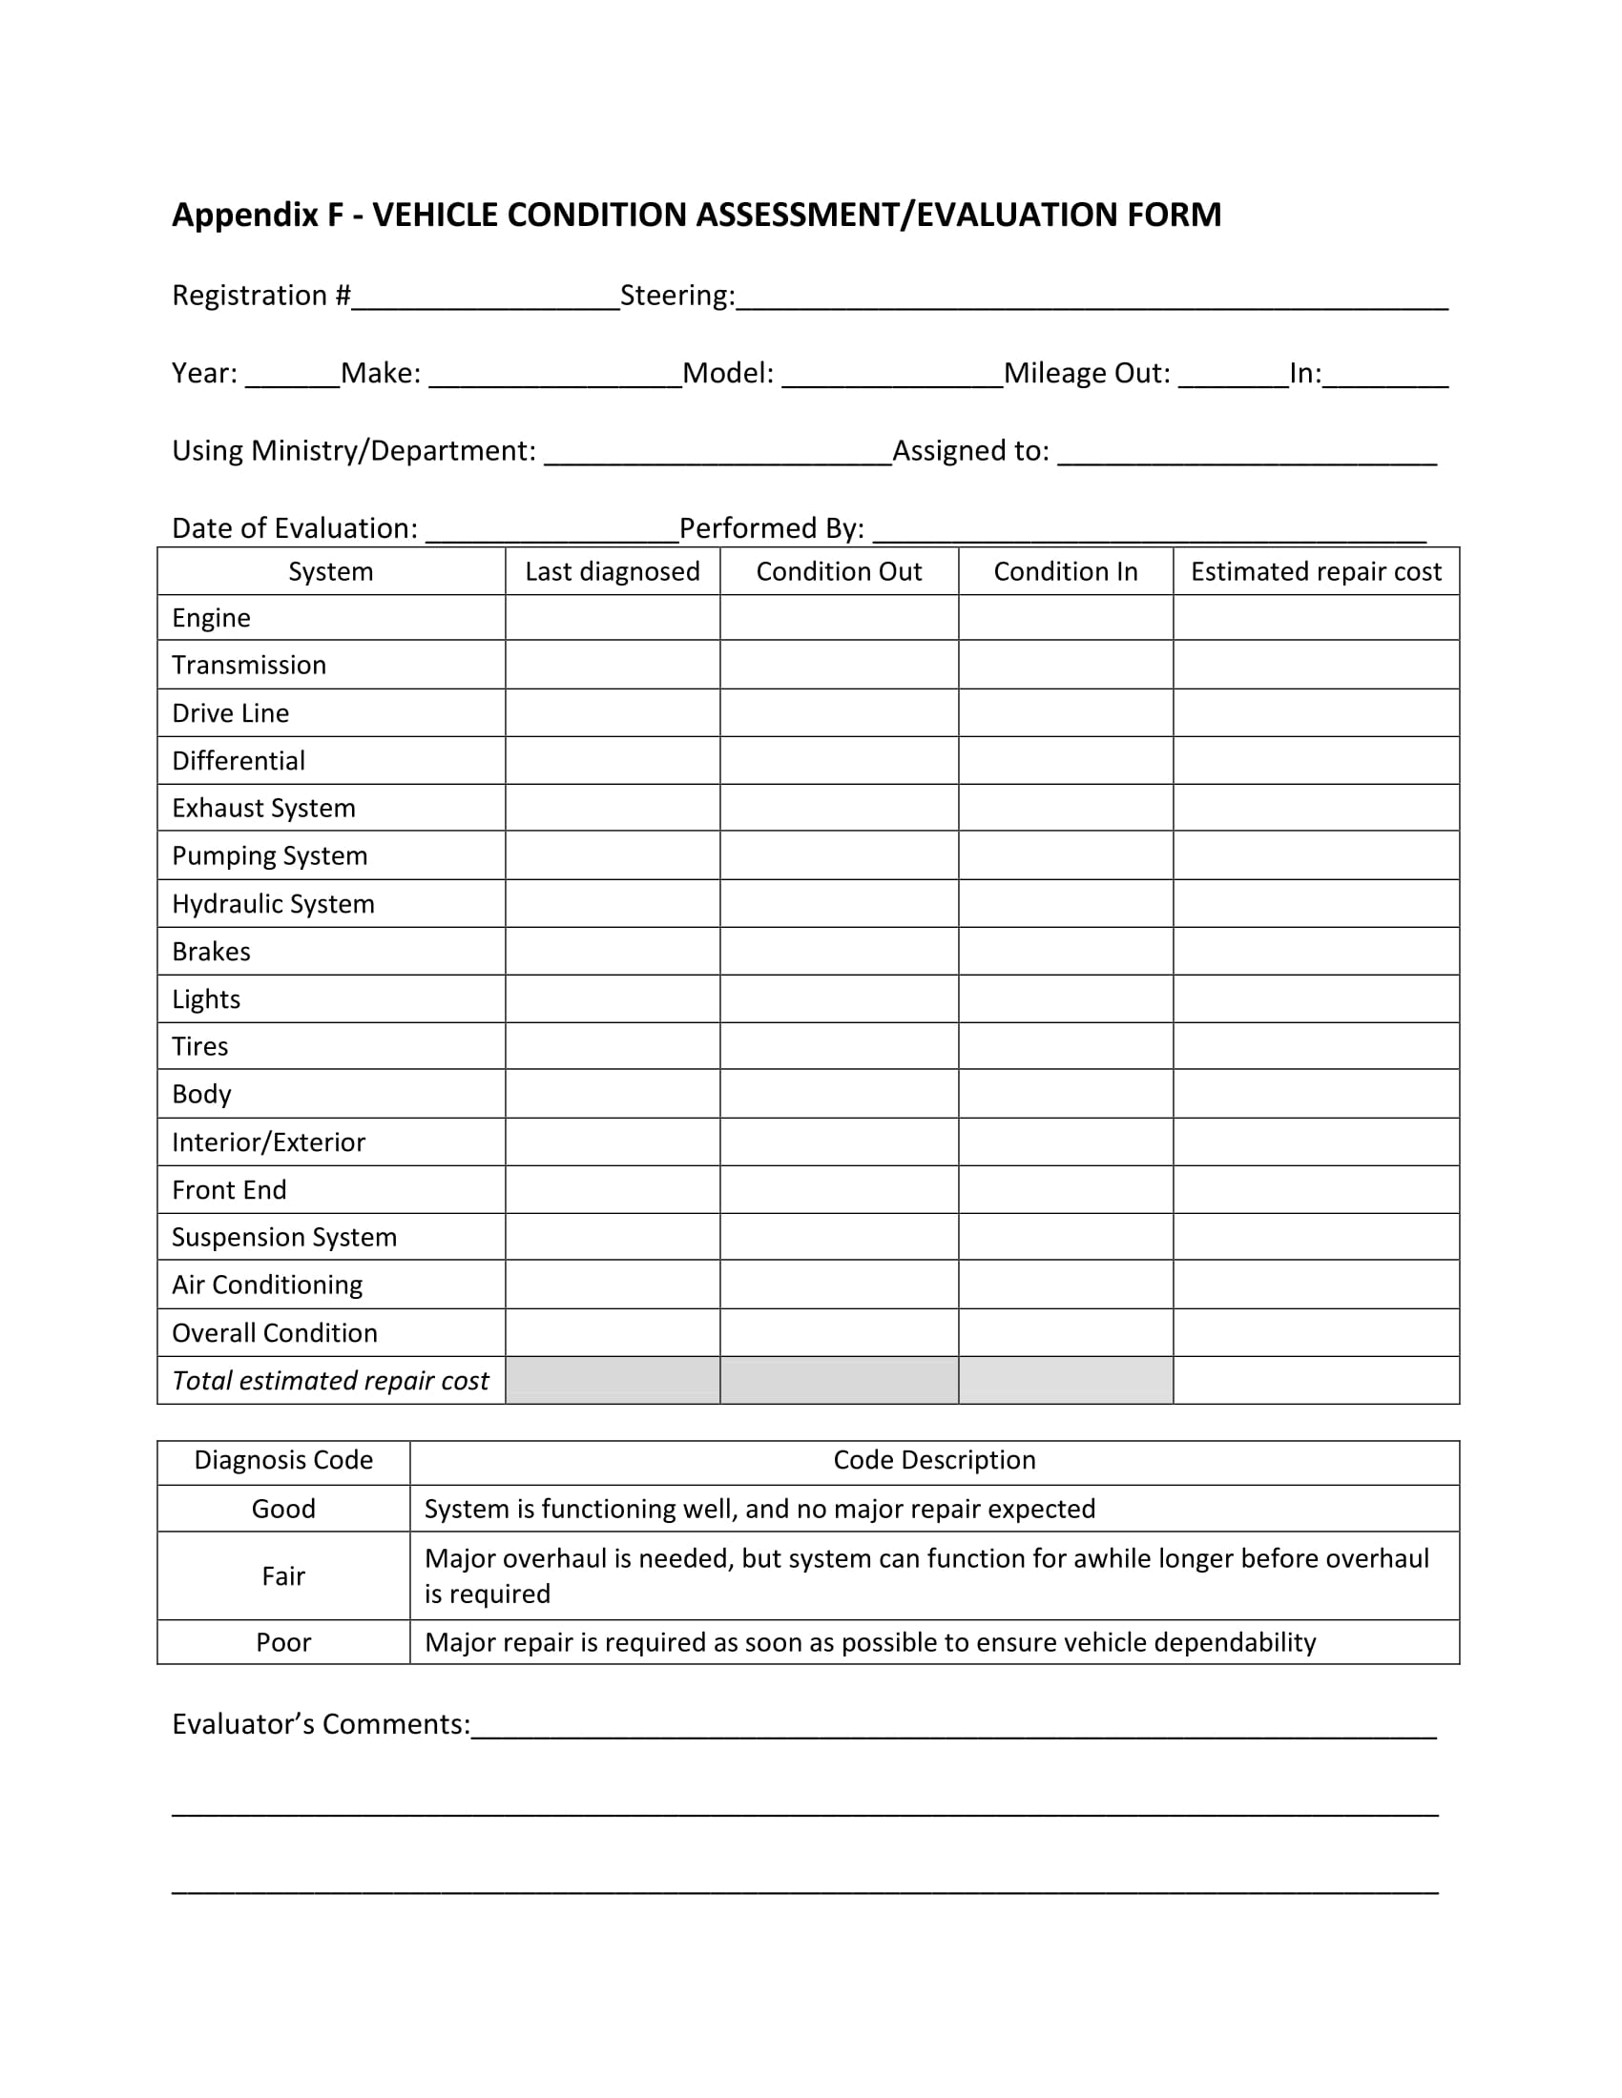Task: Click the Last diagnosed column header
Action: click(x=613, y=571)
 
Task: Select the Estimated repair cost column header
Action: click(x=1316, y=571)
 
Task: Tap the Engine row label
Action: click(x=211, y=618)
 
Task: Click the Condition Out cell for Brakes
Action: click(x=839, y=951)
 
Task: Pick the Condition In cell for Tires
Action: click(x=1065, y=1046)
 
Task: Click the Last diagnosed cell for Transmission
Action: click(x=613, y=665)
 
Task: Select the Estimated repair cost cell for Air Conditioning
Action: click(x=1316, y=1285)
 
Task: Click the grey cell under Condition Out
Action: click(x=839, y=1381)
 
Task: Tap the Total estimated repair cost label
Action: click(x=329, y=1381)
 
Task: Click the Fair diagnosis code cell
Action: click(x=283, y=1575)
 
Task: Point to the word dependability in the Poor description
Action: click(x=1234, y=1642)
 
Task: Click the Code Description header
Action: click(x=934, y=1460)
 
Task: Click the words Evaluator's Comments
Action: click(x=320, y=1724)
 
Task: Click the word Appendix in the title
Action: click(x=244, y=215)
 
